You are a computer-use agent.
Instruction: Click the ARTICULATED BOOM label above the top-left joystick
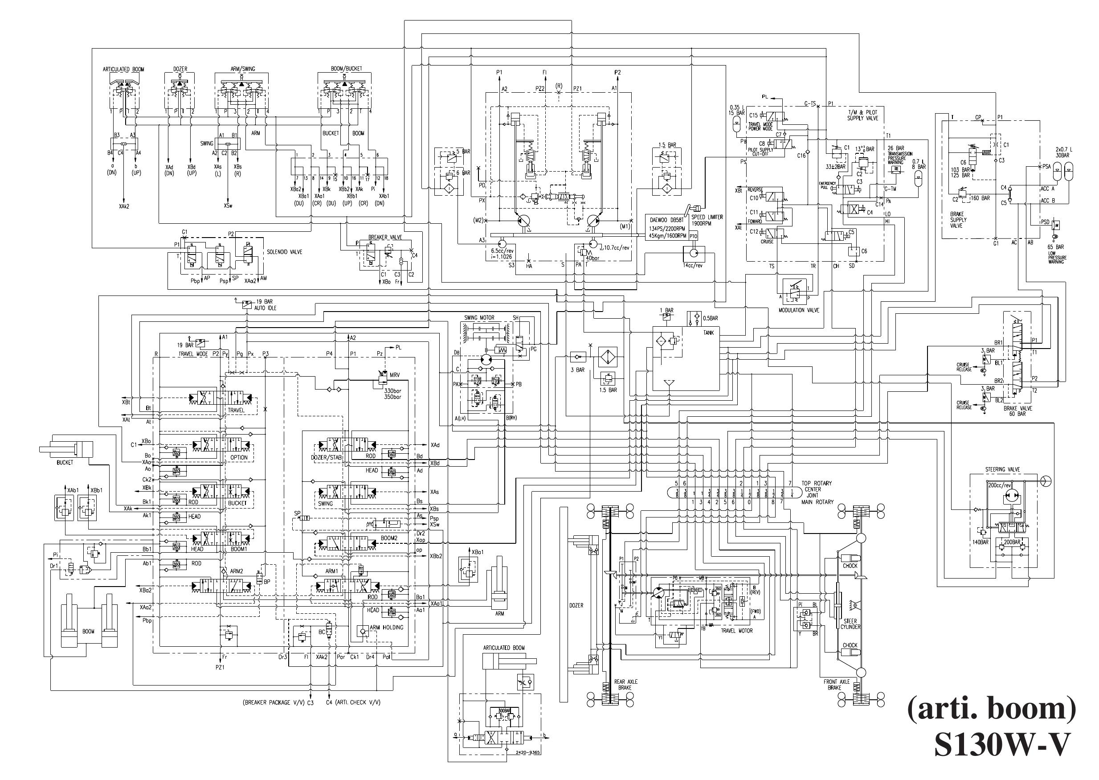123,69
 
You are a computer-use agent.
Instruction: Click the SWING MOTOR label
479,317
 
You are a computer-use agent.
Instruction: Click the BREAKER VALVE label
385,237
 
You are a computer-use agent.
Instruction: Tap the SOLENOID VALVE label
285,252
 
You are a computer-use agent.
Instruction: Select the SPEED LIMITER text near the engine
707,217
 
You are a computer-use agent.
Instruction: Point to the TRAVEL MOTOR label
737,631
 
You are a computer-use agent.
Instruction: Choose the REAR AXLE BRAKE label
626,685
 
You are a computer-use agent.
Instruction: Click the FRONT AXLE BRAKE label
837,685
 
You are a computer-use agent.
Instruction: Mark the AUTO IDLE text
265,308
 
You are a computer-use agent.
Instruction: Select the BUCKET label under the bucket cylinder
65,463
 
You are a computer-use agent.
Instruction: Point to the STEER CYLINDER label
850,624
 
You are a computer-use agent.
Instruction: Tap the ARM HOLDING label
386,627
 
